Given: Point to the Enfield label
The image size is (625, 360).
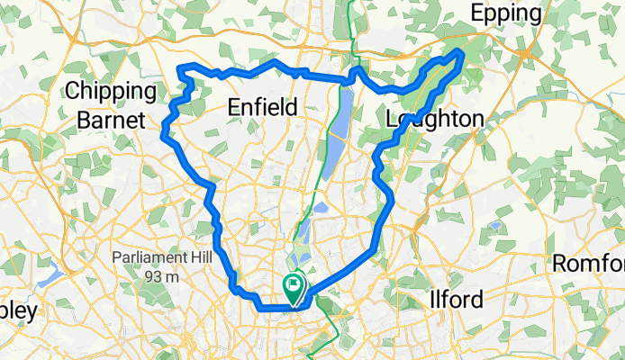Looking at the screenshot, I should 262,107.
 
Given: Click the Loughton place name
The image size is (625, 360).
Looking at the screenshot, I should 434,119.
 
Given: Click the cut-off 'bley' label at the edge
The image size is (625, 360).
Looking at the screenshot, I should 18,311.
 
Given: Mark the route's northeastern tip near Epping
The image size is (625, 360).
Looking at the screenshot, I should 461,53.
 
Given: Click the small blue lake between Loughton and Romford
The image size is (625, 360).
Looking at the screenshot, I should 495,225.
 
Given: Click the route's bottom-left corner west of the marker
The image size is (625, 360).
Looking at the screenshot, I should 261,308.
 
